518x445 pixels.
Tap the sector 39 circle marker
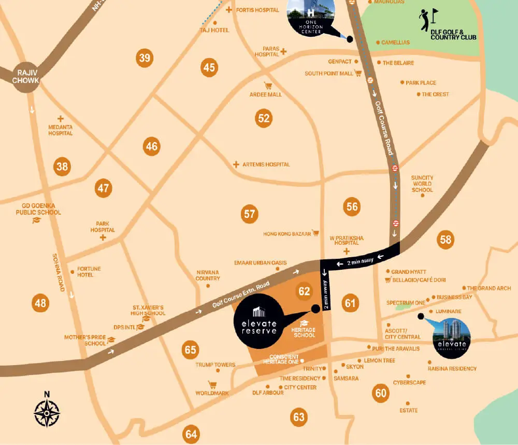[145, 58]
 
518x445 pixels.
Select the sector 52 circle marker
[264, 118]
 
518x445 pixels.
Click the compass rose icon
[47, 413]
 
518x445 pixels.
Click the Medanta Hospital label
[61, 130]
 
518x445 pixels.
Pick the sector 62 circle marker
[304, 291]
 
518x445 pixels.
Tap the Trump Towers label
[215, 365]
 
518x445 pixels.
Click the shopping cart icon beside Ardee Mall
[268, 86]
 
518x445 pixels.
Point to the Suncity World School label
[422, 184]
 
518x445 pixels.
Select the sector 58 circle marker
[445, 239]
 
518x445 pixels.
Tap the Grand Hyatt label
[408, 272]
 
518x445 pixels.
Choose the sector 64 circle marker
[191, 434]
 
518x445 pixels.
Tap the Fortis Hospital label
[257, 10]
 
